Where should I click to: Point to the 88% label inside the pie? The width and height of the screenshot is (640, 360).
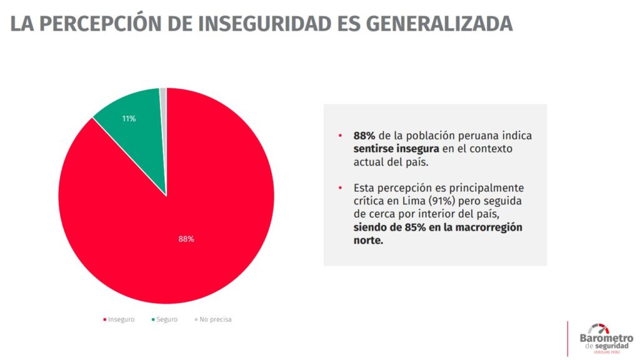[x=186, y=239]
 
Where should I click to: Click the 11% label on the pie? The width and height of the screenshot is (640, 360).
[x=129, y=118]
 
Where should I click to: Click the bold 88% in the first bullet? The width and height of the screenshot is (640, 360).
[x=364, y=136]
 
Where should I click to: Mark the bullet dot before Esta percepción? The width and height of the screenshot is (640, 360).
[x=340, y=187]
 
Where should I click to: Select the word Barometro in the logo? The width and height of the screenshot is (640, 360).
[x=606, y=338]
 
